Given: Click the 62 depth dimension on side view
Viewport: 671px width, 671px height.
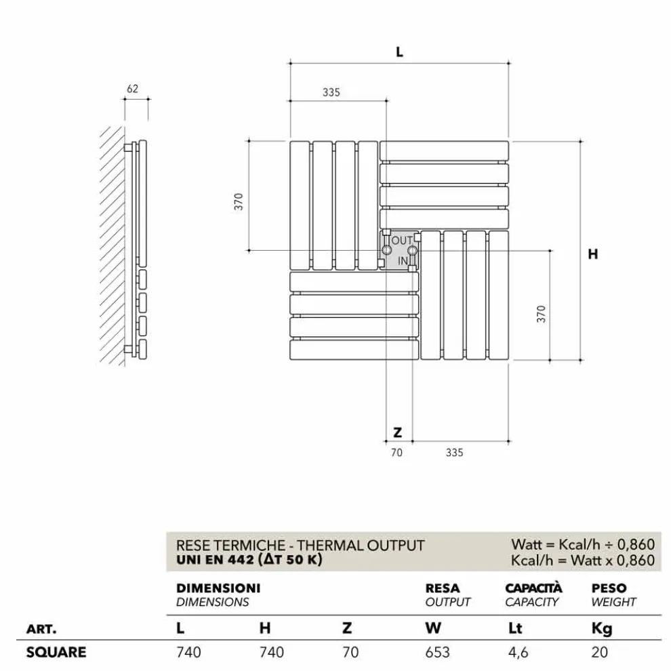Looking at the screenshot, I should (132, 88).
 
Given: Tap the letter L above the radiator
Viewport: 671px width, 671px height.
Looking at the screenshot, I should (400, 52).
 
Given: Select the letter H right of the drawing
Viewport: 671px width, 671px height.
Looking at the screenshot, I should (593, 254).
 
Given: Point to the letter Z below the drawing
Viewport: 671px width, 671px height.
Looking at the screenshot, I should (398, 432).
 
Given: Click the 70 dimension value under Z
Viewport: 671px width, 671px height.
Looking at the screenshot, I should (396, 452).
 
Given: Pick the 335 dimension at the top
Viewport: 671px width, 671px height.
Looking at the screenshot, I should (331, 93).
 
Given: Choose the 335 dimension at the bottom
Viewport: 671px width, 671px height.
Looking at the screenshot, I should (454, 452).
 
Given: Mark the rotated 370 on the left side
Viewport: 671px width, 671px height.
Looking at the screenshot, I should (239, 201).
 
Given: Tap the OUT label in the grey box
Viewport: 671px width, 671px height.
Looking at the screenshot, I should (403, 241).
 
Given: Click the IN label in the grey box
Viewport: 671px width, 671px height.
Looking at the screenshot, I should (403, 260).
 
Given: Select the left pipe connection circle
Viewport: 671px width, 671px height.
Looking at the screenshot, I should (386, 251).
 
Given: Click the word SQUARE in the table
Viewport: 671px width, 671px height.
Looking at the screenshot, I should (56, 652).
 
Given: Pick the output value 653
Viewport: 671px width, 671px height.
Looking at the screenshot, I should (437, 652).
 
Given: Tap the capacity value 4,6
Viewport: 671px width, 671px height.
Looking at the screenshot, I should (518, 652).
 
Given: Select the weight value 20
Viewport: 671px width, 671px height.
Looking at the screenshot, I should (600, 652).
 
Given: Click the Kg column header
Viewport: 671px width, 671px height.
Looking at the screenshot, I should (602, 628).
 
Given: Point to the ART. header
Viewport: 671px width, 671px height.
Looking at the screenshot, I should (41, 628).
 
